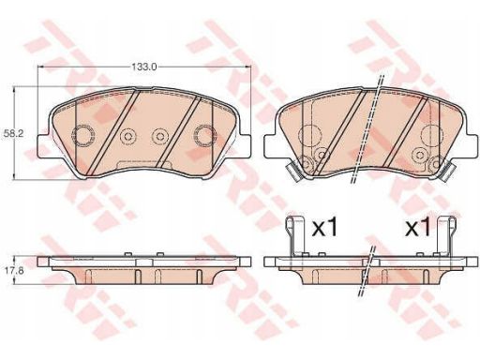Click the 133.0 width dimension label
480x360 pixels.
tap(143, 67)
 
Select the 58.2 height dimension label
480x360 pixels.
tap(11, 134)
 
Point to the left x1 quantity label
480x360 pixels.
tap(325, 229)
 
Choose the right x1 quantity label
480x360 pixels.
tap(418, 229)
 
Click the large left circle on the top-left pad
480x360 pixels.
tap(82, 136)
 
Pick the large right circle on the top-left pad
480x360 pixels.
tap(204, 136)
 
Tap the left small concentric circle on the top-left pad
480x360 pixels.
tap(127, 136)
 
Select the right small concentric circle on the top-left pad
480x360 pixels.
tap(160, 136)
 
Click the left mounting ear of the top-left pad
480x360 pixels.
tap(43, 145)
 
